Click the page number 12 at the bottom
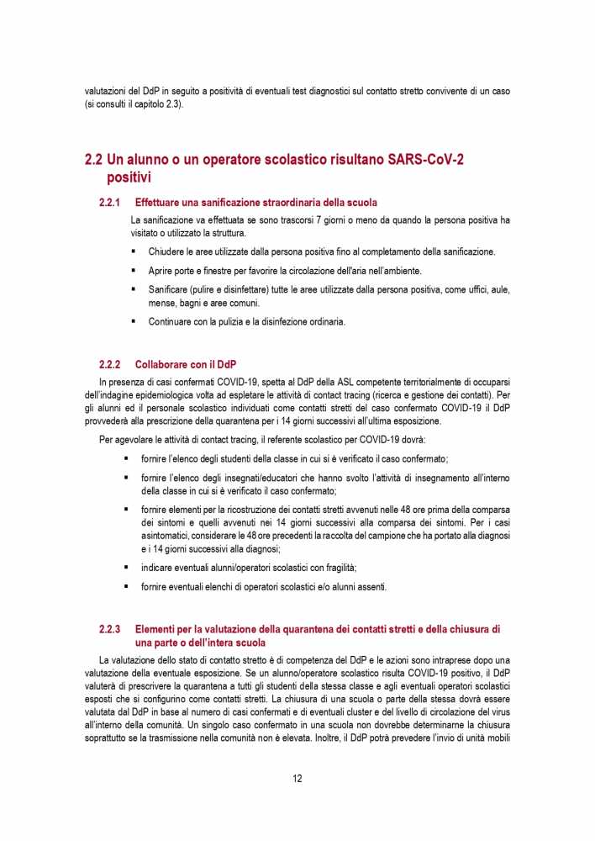[x=297, y=778]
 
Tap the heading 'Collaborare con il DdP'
[x=185, y=364]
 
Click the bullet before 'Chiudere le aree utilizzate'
[x=133, y=251]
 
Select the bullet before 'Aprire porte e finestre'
[x=133, y=271]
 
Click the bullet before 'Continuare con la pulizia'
[x=133, y=321]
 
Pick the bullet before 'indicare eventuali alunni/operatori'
[x=126, y=567]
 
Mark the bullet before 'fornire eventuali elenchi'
[x=126, y=586]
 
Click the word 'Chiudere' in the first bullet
[x=167, y=251]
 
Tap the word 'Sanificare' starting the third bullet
[x=171, y=289]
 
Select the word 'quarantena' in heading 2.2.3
[x=307, y=629]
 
